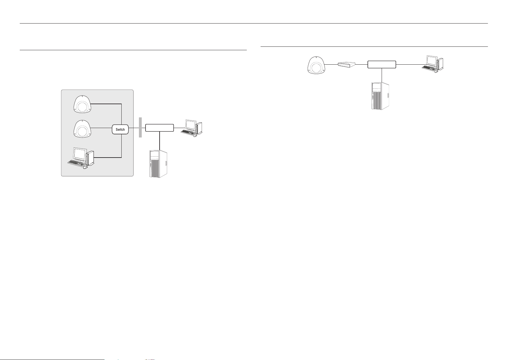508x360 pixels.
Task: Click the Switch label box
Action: pos(120,129)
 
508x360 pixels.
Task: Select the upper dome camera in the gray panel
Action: pos(82,104)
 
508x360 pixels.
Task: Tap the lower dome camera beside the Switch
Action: pos(82,129)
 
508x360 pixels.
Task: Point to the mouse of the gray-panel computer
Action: pos(85,168)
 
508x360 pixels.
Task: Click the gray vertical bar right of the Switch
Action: pos(140,127)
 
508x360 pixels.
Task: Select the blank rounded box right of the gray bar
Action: pos(159,128)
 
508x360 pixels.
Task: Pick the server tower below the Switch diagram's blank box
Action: pos(159,164)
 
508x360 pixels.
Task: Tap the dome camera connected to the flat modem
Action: pos(316,65)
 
